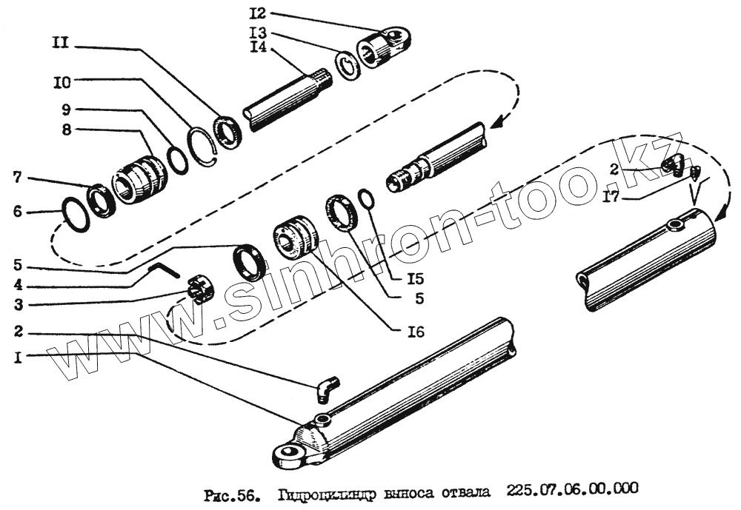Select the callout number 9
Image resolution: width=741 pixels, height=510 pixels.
(x=67, y=110)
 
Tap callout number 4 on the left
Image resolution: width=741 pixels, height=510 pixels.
(x=18, y=285)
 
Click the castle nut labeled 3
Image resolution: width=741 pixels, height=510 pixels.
(x=199, y=289)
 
